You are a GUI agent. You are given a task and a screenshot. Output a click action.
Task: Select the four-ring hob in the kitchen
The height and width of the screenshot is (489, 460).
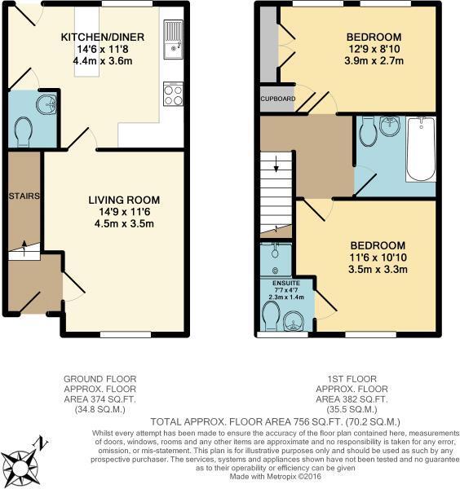(173, 95)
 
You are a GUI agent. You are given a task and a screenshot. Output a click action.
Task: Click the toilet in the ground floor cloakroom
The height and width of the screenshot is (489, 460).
(24, 130)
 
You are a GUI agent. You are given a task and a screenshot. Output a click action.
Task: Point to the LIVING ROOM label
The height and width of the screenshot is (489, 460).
(124, 200)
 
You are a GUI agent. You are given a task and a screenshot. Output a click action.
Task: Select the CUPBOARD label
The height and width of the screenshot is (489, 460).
(277, 99)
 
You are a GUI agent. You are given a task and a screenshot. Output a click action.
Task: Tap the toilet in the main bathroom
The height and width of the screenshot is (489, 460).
(368, 128)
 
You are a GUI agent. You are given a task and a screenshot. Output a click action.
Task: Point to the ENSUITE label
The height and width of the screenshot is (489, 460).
(276, 283)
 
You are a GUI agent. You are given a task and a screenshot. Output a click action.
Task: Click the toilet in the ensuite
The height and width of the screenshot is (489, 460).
(270, 315)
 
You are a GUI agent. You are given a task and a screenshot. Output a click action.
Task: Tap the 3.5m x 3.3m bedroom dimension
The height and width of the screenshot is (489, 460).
(378, 270)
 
